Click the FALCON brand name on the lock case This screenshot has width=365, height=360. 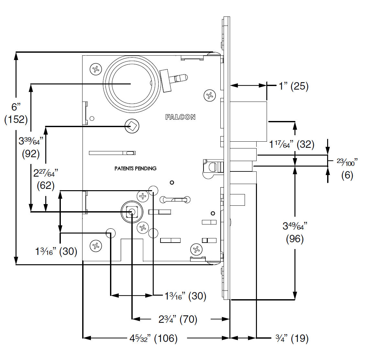pyautogui.click(x=180, y=117)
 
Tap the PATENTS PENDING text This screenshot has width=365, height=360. pyautogui.click(x=135, y=169)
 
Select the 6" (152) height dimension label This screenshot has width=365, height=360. pyautogui.click(x=16, y=113)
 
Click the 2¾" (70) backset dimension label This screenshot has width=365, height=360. pyautogui.click(x=178, y=320)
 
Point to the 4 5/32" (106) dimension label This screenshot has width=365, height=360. pyautogui.click(x=154, y=339)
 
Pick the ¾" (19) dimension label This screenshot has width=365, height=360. pyautogui.click(x=292, y=339)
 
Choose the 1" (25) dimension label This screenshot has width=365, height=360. pyautogui.click(x=294, y=86)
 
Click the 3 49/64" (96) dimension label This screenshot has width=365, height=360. pyautogui.click(x=295, y=232)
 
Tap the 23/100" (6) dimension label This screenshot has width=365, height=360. pyautogui.click(x=347, y=168)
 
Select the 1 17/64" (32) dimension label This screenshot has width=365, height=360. pyautogui.click(x=292, y=144)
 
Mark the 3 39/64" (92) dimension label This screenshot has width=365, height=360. pyautogui.click(x=31, y=147)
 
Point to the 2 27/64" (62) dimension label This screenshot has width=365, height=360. pyautogui.click(x=46, y=179)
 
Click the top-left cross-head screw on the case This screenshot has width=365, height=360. pyautogui.click(x=95, y=69)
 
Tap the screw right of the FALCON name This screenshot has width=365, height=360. pyautogui.click(x=210, y=95)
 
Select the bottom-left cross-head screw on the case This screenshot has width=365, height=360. pyautogui.click(x=95, y=246)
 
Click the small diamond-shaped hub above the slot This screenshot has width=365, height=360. pyautogui.click(x=132, y=126)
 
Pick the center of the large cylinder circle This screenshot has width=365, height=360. pyautogui.click(x=131, y=84)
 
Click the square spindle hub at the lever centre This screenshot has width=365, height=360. pyautogui.click(x=132, y=212)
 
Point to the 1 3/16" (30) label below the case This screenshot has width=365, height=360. pyautogui.click(x=185, y=296)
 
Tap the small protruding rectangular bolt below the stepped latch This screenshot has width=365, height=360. pyautogui.click(x=238, y=199)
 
